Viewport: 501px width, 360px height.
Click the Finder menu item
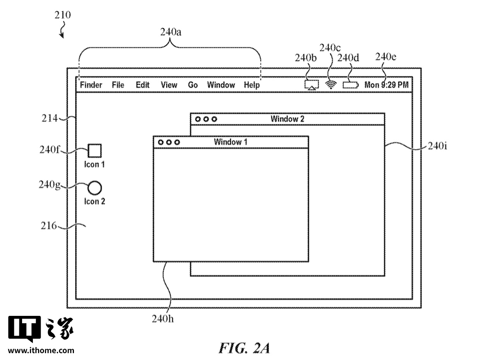tap(91, 85)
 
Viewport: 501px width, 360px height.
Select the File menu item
tap(118, 85)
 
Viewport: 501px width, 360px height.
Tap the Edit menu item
tap(142, 85)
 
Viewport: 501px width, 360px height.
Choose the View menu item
tap(169, 85)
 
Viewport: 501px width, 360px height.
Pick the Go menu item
tap(193, 85)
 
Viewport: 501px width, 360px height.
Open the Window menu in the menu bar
tap(221, 85)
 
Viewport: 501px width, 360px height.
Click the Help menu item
tap(252, 85)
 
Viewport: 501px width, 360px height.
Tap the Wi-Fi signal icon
tap(330, 85)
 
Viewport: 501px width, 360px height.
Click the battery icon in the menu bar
tap(350, 85)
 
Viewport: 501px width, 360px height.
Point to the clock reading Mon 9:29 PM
tap(386, 85)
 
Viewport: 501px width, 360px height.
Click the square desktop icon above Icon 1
tap(94, 151)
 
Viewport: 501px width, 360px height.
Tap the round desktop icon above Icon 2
tap(94, 188)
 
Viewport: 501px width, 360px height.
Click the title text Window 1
tap(230, 142)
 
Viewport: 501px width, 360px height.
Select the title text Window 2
tap(287, 119)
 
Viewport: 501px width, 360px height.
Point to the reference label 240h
tap(163, 319)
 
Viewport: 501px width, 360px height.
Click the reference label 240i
tap(437, 146)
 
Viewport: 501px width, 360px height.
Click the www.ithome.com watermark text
tap(41, 351)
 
